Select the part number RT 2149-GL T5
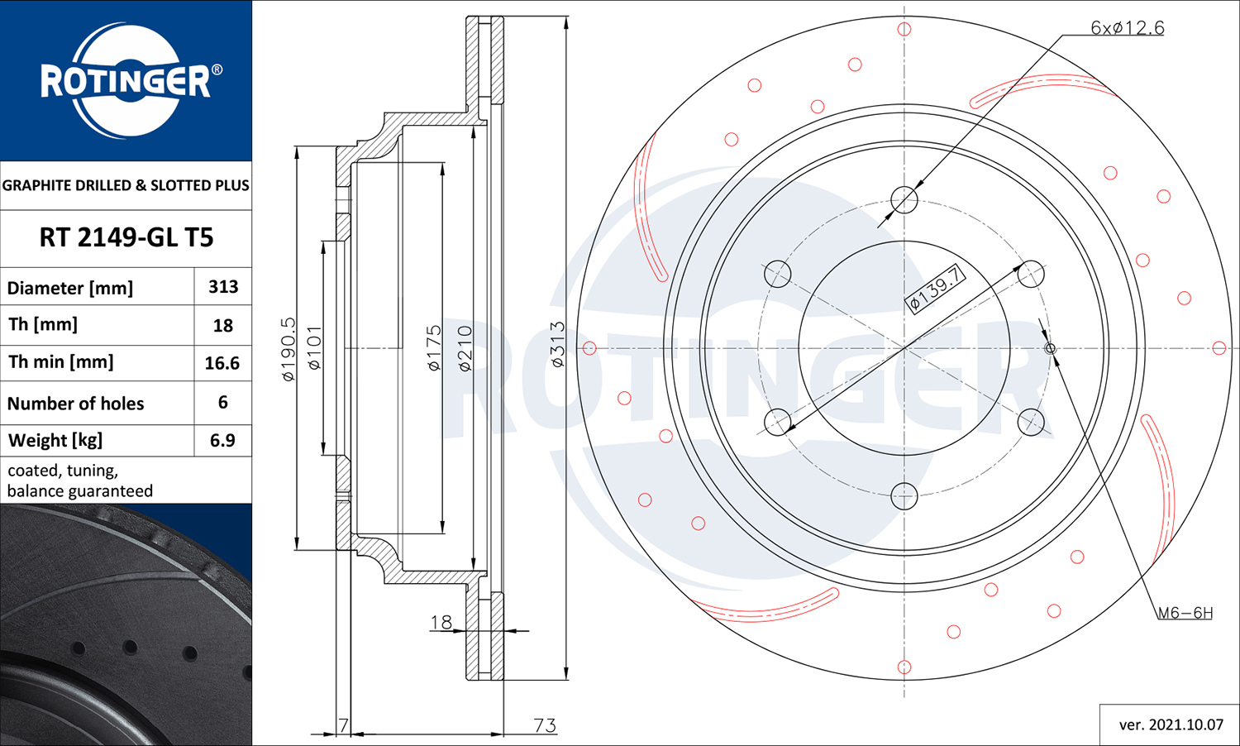(126, 237)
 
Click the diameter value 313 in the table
(223, 286)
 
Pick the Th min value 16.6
(222, 363)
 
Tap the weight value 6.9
(222, 440)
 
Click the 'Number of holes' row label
(76, 403)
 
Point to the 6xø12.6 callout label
(1127, 27)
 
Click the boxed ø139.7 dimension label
(935, 289)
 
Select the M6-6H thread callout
(1185, 613)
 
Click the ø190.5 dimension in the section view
(289, 350)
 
